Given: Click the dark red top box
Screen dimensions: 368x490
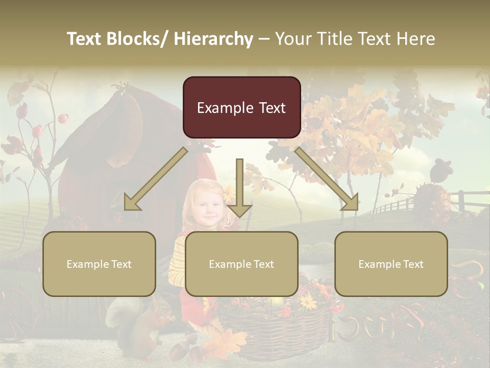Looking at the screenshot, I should pos(241,107).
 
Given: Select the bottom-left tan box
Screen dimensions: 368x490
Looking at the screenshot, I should pos(99,264).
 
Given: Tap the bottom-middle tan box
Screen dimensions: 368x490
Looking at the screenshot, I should pos(241,264).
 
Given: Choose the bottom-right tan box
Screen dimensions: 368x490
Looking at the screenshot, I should pos(391,264).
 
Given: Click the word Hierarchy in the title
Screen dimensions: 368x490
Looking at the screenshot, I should pos(213,39).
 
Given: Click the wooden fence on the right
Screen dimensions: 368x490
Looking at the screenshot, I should pos(403,204).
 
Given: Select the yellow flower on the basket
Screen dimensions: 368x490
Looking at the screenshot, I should pos(308,302).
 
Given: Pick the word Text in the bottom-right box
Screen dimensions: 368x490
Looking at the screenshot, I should pos(412,264).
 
